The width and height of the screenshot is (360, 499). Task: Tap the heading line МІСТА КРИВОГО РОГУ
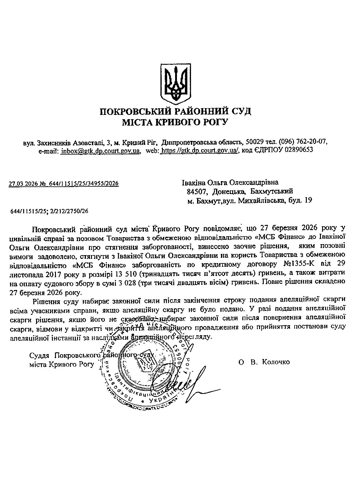pos(175,122)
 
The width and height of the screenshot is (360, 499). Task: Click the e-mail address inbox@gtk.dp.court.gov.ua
pos(101,151)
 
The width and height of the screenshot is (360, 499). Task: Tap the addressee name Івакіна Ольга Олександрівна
pos(230,183)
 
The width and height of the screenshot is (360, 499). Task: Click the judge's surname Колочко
pos(276,362)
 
